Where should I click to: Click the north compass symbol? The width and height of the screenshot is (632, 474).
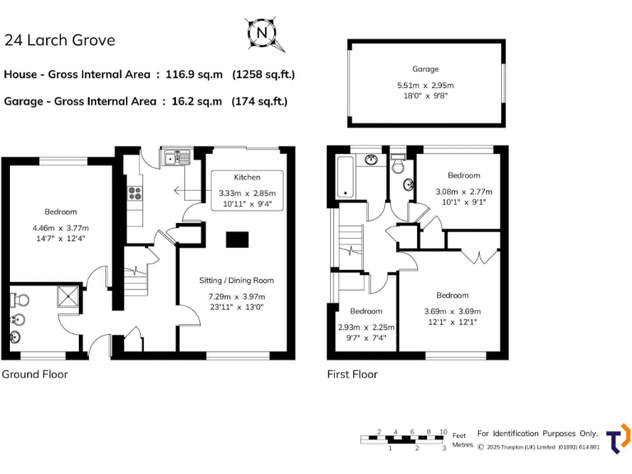[x=263, y=34]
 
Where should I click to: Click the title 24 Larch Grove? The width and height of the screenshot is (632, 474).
[x=59, y=40]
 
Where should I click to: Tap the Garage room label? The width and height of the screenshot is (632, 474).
[x=425, y=69]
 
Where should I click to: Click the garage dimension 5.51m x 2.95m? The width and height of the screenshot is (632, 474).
[x=425, y=85]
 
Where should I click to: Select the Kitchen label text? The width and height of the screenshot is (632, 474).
[x=247, y=177]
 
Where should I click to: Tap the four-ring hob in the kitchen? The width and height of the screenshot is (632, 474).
[x=133, y=194]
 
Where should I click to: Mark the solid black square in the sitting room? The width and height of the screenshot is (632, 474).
[x=237, y=239]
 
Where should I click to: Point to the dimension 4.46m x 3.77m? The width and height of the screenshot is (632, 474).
[x=60, y=228]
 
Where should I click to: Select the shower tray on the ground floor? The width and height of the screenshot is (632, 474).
[x=70, y=296]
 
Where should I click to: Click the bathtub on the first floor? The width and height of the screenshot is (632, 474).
[x=344, y=177]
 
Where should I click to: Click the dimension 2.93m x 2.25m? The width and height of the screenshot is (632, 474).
[x=366, y=327]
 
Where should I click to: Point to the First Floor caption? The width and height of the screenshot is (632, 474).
[x=352, y=374]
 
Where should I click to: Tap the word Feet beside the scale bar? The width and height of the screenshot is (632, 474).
[x=459, y=434]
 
